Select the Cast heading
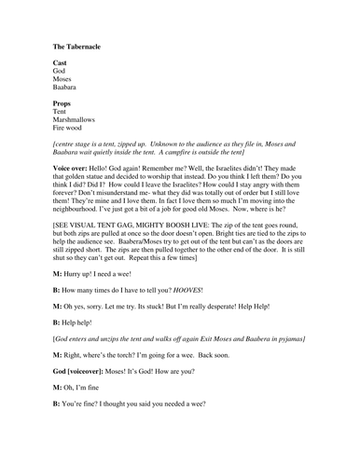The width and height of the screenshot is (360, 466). pos(61,62)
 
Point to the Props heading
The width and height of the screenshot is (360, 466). pos(63,103)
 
